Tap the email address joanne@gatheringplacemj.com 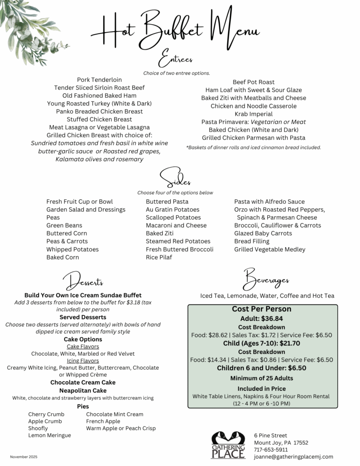coord(293,456)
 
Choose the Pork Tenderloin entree coord(99,80)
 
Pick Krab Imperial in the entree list coord(254,114)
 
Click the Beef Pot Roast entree coord(254,82)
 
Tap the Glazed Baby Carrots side coord(263,233)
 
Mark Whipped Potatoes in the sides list coord(72,249)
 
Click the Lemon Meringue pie coord(50,436)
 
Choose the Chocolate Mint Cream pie coord(115,414)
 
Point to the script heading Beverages coord(267,279)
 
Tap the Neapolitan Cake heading coord(83,390)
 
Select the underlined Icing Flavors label coord(83,360)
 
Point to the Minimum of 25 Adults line coord(262,378)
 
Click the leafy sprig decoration coord(25,27)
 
